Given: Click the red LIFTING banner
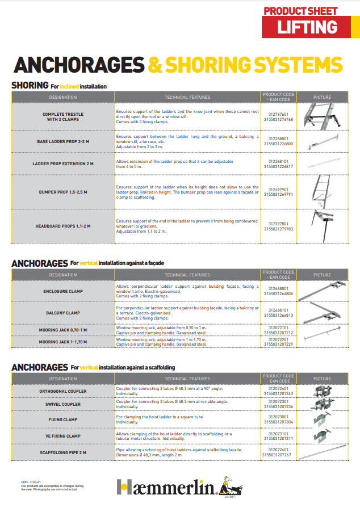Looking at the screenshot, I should tap(307, 27).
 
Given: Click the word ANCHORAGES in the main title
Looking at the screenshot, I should tap(78, 64).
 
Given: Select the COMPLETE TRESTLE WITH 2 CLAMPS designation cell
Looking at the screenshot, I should tap(63, 117).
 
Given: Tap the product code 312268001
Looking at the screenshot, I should tap(278, 138).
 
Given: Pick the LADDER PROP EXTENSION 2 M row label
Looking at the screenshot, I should tap(63, 163).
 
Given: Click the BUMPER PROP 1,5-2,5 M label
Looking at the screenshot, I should tap(63, 192).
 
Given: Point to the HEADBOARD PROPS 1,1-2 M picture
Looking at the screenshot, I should tap(322, 226).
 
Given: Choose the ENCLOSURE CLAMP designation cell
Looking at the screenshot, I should tap(63, 291).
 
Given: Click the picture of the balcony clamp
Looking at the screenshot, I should tap(322, 312).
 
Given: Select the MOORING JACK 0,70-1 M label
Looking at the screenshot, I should tap(63, 330).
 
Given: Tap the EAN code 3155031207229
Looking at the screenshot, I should tap(278, 345).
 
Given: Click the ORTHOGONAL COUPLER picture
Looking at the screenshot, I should tap(322, 391).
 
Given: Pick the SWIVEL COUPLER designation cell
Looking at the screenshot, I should tap(63, 404).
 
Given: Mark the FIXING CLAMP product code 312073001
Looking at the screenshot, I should tap(278, 417).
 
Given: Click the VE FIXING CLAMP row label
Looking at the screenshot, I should tap(63, 435).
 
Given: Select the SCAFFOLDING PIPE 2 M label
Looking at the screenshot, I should tap(63, 452).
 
